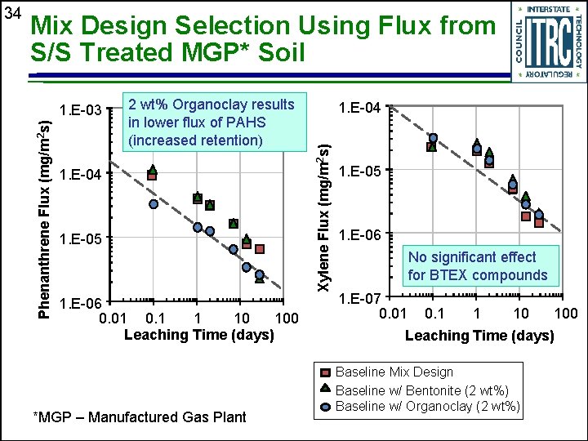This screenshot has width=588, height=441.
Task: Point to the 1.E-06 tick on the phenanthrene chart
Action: coord(80,301)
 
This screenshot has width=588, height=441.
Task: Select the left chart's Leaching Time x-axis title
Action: coord(198,335)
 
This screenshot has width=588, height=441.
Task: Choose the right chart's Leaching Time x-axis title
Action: coord(479,336)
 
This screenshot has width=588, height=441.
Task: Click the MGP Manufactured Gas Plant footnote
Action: coord(139,417)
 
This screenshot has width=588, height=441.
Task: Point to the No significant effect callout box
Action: coord(478,266)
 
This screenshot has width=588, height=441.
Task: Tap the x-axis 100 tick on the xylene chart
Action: coord(565,314)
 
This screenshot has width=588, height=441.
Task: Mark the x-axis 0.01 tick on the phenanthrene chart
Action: coord(112,317)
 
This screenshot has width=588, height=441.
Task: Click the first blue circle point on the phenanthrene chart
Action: coord(153,204)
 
